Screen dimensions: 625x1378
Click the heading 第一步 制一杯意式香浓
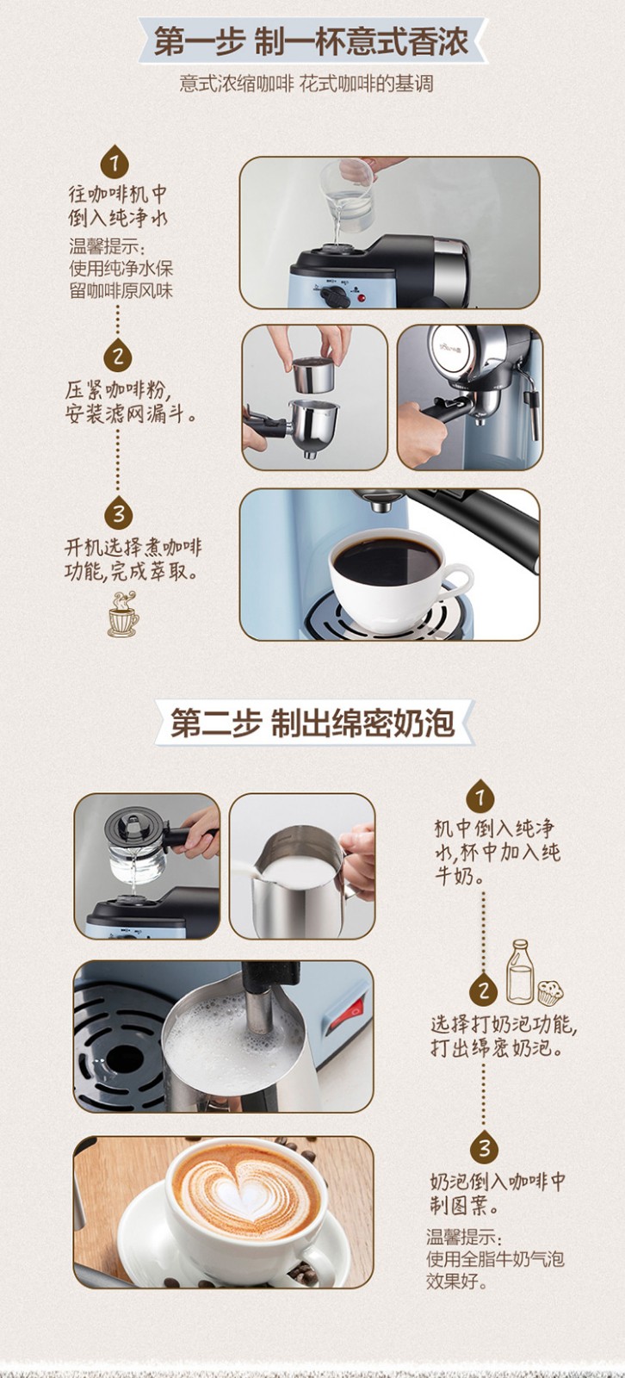(312, 42)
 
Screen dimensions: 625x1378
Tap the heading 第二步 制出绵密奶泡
(312, 723)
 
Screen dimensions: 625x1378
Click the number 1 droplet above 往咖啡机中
(115, 162)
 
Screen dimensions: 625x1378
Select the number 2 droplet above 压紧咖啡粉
(118, 355)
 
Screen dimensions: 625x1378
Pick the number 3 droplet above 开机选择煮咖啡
(119, 513)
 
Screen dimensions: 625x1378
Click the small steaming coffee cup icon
(123, 614)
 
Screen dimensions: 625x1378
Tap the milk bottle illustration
(520, 971)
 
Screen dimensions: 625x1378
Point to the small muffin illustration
(551, 991)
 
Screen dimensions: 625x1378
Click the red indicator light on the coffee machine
(361, 298)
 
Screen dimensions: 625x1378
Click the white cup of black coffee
(398, 576)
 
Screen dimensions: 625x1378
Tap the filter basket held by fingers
(312, 374)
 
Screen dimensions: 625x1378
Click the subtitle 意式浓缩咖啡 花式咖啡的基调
(306, 84)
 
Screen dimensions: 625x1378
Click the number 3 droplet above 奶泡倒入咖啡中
(485, 1146)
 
